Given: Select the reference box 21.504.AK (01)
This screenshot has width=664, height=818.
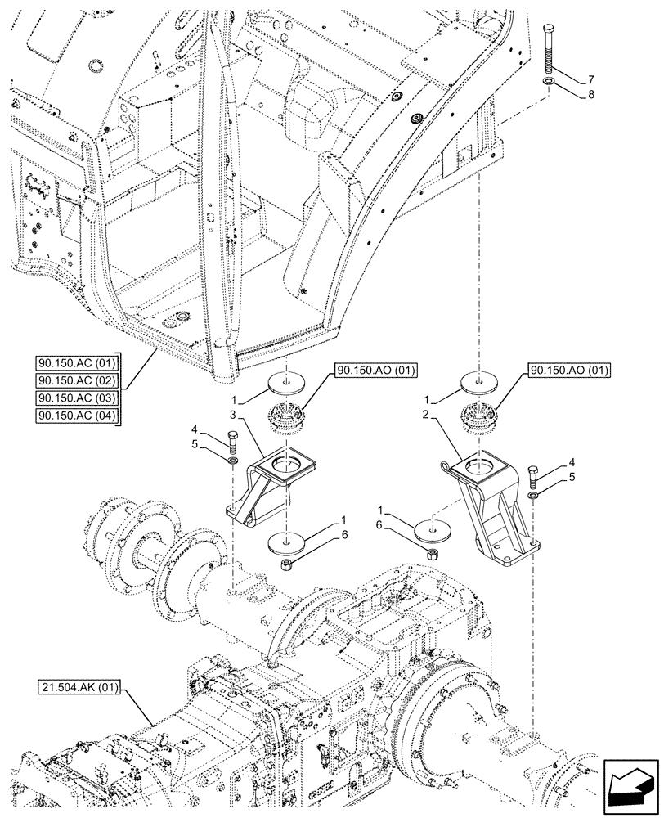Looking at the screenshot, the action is (78, 690).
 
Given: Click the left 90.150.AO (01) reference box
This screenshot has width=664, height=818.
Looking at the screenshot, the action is (375, 371).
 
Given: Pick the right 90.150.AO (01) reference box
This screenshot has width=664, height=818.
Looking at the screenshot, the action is (570, 371).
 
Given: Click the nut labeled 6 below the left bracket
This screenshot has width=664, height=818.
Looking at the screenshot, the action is (285, 565).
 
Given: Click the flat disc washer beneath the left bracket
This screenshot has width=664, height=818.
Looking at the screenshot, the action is (285, 542).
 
